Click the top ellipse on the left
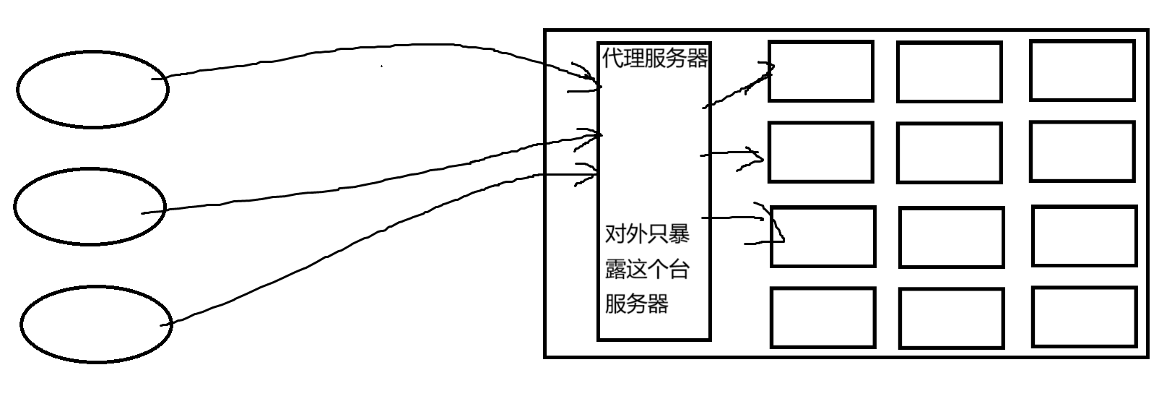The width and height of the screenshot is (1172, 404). coord(92,90)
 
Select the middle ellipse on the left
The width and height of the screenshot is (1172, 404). coord(90,207)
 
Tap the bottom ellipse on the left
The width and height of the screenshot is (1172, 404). coord(96,324)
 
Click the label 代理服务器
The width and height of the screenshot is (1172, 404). coord(655,58)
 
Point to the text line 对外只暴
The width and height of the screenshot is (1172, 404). coord(647,234)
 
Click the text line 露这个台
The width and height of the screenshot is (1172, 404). coord(647,269)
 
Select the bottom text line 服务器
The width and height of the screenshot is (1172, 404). coord(636,304)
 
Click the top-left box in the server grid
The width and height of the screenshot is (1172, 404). coord(820,71)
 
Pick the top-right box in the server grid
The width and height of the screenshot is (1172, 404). coord(1082,70)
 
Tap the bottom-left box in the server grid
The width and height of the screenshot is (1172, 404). coord(822,317)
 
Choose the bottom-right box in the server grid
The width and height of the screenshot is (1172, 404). coord(1085,317)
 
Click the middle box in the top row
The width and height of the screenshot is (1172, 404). coord(949,72)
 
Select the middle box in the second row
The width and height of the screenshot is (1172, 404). coord(949,152)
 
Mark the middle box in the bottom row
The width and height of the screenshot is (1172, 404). coord(951,318)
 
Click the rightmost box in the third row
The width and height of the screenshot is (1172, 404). coord(1084,236)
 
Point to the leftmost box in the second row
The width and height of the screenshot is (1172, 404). coord(820,152)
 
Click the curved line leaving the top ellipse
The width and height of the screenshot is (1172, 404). coord(361,52)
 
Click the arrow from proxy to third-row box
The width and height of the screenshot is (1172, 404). coord(737,216)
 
